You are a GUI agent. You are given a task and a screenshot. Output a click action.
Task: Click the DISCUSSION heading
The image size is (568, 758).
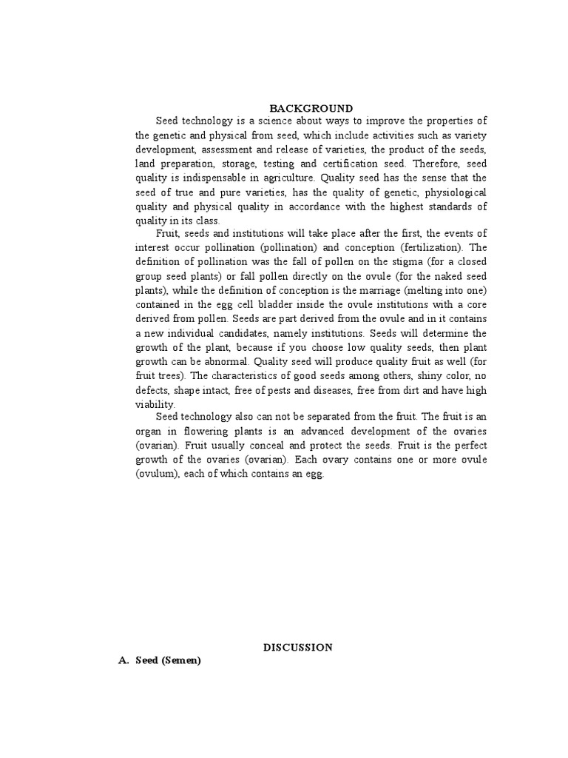298,647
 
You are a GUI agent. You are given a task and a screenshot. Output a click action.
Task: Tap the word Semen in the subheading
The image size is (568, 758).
181,660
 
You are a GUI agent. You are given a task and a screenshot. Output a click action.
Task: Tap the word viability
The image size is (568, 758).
155,404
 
